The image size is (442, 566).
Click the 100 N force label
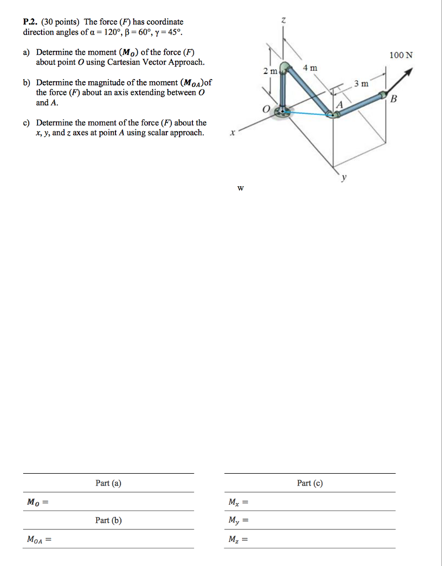point(401,55)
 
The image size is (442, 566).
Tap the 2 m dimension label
point(270,72)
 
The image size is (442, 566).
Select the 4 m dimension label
point(311,68)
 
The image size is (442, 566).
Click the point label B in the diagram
point(393,99)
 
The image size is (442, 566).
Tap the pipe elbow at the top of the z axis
point(285,68)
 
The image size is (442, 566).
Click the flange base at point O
point(284,111)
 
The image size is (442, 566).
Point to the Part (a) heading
point(108,483)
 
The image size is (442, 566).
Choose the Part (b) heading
point(108,520)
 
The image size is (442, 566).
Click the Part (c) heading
point(309,483)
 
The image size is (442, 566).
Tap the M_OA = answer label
point(39,539)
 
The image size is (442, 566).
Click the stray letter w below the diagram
point(240,188)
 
